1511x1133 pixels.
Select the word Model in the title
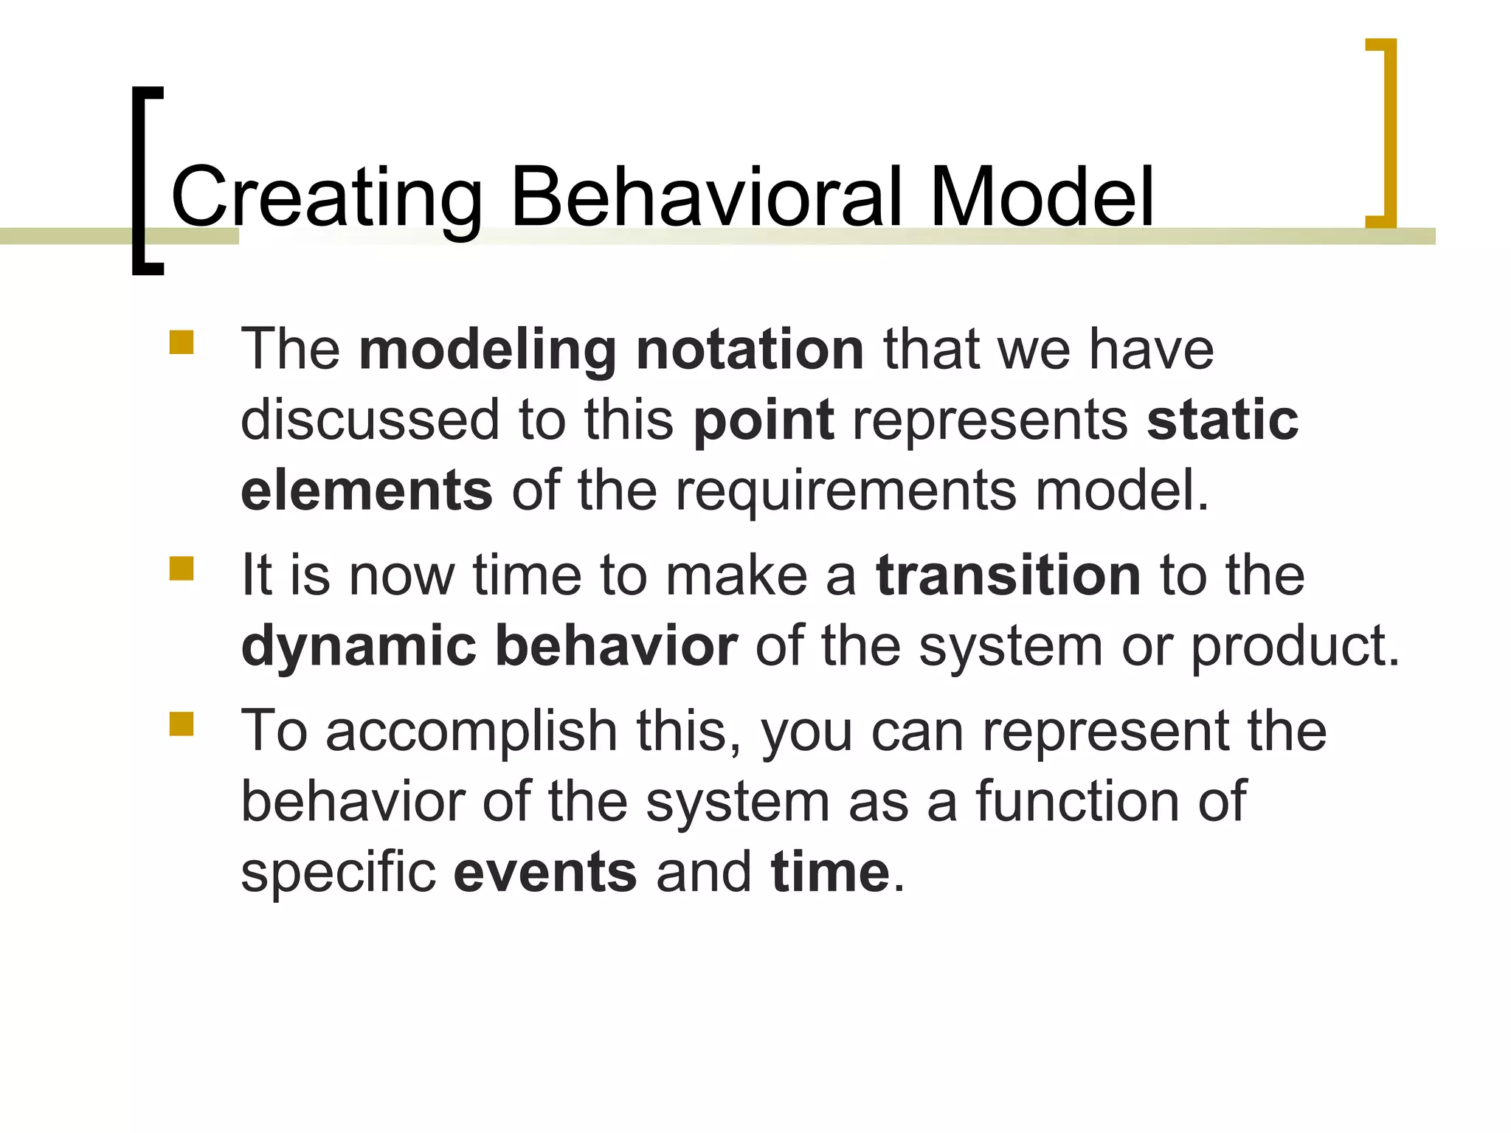point(1040,196)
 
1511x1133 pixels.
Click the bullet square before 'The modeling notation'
point(181,342)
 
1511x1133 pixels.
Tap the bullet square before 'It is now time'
point(181,569)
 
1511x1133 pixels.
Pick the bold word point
point(764,420)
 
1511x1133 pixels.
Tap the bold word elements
point(367,491)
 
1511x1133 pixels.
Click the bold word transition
point(1009,575)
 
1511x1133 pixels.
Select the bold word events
point(544,872)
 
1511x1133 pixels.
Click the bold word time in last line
point(831,872)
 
